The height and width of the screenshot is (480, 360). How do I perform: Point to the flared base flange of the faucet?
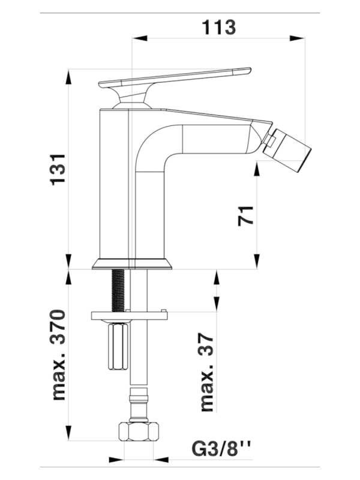tap(132, 263)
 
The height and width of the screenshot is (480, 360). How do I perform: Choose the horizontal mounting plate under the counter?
tap(127, 314)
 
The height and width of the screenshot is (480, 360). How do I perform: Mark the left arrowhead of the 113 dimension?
tap(136, 39)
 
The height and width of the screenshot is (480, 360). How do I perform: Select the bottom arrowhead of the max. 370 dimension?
tap(70, 438)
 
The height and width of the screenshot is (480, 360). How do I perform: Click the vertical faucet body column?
tap(114, 186)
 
